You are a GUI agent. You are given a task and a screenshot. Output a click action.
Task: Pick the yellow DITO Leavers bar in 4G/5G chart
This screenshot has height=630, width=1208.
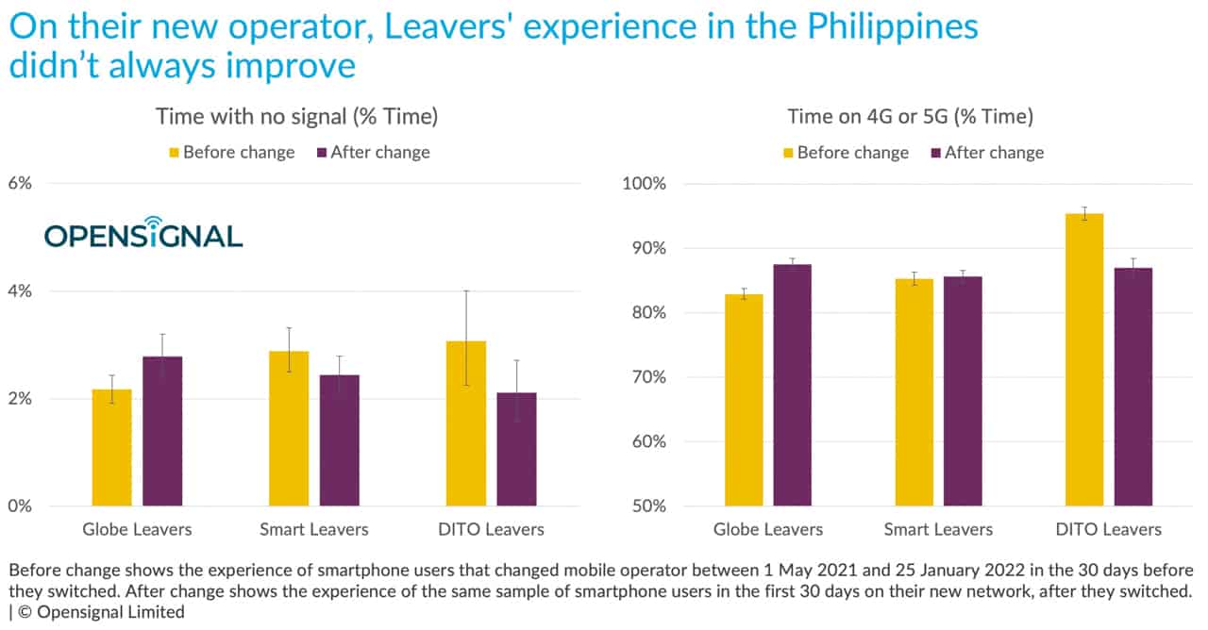click(x=1083, y=359)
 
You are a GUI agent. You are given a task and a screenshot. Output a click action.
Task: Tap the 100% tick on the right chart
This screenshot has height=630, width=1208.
click(x=644, y=183)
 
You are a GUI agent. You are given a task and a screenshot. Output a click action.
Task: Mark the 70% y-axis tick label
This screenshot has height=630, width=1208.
click(x=647, y=377)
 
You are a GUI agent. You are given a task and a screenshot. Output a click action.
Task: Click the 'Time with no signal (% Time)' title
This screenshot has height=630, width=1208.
click(x=296, y=117)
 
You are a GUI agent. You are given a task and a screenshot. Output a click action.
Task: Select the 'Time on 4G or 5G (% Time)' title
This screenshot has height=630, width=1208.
click(x=911, y=117)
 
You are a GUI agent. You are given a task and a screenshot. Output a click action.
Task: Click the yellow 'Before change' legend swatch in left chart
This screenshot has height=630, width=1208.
click(x=173, y=153)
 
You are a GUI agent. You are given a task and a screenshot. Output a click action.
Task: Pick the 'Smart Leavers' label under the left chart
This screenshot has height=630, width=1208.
click(x=314, y=529)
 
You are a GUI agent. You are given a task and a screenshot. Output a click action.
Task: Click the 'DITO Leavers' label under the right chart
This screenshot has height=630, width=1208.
click(x=1108, y=529)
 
